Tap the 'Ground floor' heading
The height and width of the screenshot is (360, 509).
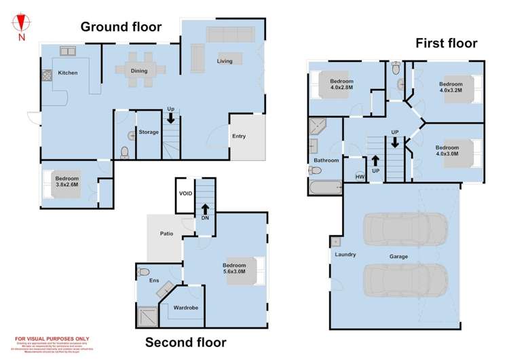point(121,27)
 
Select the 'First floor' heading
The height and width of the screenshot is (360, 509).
point(446,43)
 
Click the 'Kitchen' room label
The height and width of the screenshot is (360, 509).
point(68,73)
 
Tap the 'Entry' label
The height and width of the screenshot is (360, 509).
point(239,136)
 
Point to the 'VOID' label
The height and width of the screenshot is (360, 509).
point(185,194)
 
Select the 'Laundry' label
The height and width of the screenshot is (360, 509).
point(345,255)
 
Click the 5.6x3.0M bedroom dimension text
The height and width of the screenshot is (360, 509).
point(238,270)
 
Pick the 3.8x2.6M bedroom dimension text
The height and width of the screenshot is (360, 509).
point(67,184)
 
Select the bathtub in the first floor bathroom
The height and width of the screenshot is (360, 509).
point(324,187)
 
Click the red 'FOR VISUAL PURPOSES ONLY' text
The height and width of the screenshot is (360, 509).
point(52,338)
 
